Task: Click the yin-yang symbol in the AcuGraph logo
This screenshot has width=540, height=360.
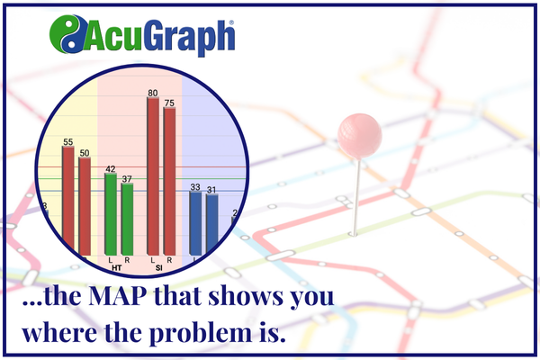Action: (x=68, y=34)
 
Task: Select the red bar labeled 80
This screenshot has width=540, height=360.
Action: (x=153, y=176)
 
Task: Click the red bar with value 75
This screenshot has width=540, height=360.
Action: (x=169, y=181)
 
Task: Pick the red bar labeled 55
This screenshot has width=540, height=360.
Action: (x=68, y=198)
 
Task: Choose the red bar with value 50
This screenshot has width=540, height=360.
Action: (x=85, y=206)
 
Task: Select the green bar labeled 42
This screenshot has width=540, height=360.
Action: (x=111, y=214)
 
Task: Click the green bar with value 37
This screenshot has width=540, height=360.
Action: (x=127, y=220)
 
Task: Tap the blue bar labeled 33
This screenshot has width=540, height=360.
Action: (x=195, y=223)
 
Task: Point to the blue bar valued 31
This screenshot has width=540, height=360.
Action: (x=211, y=223)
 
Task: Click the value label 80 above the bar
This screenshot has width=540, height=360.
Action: (x=153, y=93)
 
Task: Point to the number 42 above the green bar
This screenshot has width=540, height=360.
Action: (x=110, y=169)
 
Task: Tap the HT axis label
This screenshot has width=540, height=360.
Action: (x=116, y=267)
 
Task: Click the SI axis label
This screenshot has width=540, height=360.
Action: (x=158, y=267)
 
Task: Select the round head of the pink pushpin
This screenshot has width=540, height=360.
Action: (x=359, y=136)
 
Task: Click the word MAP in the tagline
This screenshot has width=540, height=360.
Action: (x=116, y=296)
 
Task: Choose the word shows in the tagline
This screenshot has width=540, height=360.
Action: (x=246, y=296)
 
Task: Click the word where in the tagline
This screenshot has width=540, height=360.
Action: (x=59, y=332)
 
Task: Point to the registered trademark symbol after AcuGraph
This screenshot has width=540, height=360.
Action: (x=231, y=22)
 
